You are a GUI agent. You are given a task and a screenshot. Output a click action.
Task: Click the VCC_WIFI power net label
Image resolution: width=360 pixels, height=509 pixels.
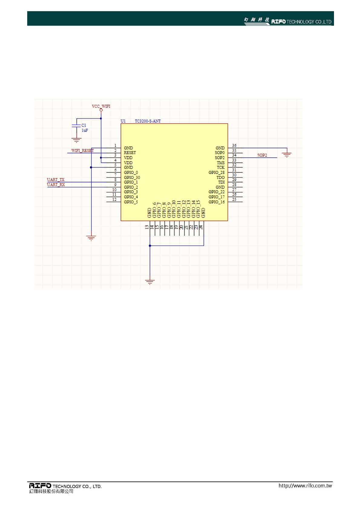pyautogui.click(x=101, y=106)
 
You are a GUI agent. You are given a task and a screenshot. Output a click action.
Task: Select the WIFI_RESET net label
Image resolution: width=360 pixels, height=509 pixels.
pyautogui.click(x=82, y=151)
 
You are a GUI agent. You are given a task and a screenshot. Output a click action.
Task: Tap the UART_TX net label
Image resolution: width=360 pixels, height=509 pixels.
pyautogui.click(x=56, y=180)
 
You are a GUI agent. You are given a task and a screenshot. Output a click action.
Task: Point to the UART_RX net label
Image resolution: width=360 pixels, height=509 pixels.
pyautogui.click(x=56, y=185)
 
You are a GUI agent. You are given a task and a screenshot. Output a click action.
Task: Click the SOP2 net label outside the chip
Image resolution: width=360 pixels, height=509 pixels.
pyautogui.click(x=262, y=155)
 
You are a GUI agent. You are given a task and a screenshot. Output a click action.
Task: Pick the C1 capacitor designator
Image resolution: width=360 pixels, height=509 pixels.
pyautogui.click(x=84, y=125)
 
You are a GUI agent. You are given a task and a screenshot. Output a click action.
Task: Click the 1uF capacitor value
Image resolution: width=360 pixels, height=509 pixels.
pyautogui.click(x=85, y=130)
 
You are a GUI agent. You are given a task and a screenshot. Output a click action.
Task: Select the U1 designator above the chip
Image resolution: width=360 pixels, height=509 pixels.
pyautogui.click(x=123, y=121)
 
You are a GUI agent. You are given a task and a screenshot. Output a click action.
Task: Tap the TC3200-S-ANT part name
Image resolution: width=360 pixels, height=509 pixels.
pyautogui.click(x=148, y=121)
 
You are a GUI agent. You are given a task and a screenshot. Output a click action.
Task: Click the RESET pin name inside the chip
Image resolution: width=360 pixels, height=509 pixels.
pyautogui.click(x=130, y=153)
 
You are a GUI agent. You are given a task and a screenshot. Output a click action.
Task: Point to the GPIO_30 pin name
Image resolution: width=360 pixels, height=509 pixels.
pyautogui.click(x=132, y=177)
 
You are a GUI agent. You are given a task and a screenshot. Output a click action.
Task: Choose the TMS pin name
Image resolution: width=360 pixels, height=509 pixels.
pyautogui.click(x=221, y=163)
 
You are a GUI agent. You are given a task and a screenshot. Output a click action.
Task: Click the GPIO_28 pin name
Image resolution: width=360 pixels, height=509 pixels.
pyautogui.click(x=216, y=172)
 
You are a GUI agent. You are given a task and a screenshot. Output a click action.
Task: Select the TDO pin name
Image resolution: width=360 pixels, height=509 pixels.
pyautogui.click(x=220, y=177)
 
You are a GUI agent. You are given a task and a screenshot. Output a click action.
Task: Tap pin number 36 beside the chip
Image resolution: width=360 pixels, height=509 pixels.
pyautogui.click(x=234, y=146)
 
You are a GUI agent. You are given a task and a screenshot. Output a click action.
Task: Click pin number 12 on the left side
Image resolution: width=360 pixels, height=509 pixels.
pyautogui.click(x=114, y=199)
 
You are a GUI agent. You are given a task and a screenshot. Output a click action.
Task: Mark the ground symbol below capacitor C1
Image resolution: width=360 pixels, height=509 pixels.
pyautogui.click(x=77, y=141)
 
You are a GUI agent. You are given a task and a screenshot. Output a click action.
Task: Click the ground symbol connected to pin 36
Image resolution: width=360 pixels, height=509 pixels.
pyautogui.click(x=286, y=154)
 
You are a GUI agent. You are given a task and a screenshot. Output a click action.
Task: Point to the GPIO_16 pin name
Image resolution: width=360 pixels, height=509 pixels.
pyautogui.click(x=216, y=202)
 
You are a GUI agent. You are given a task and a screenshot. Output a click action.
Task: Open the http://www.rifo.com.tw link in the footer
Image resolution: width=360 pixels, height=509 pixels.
pyautogui.click(x=305, y=486)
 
